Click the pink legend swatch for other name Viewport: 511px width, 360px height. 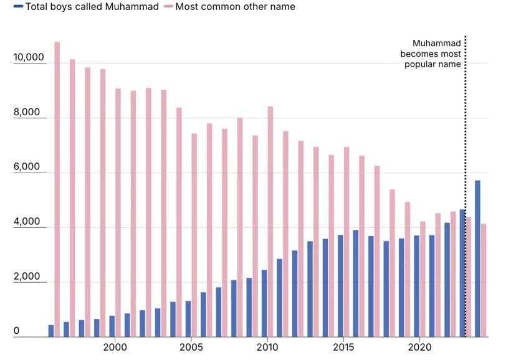coord(168,7)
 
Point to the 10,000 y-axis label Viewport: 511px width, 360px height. coord(28,58)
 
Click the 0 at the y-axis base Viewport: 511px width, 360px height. coord(16,331)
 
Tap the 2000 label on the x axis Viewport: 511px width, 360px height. coord(115,346)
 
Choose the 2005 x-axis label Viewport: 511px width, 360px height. coord(191,346)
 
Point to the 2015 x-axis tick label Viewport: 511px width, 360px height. coord(343,346)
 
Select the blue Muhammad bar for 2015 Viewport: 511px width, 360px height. coord(340,286)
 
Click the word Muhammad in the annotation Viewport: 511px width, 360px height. coord(437,44)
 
